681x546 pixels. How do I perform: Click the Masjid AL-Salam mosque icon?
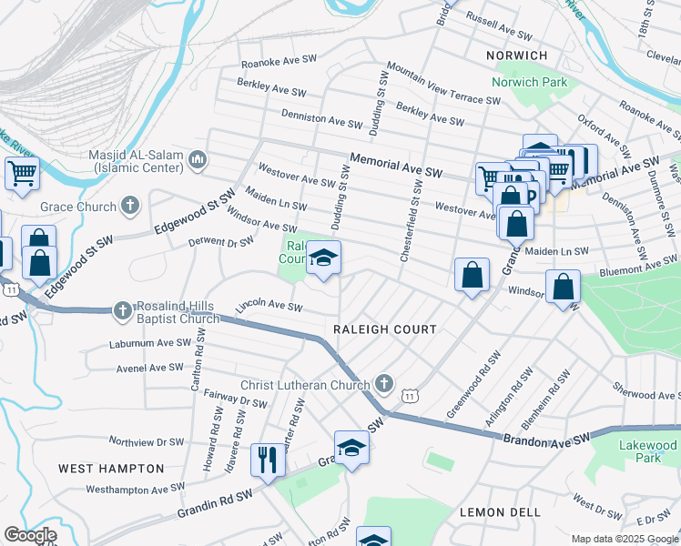[x=198, y=161]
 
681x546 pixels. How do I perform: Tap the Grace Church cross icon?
[x=130, y=206]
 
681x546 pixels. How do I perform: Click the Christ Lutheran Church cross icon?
[x=385, y=384]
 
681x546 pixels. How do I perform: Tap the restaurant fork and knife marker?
[x=268, y=459]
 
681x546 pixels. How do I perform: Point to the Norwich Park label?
[x=529, y=82]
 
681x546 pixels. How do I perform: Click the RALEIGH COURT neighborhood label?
[x=384, y=329]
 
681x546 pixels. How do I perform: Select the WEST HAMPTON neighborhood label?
[x=111, y=469]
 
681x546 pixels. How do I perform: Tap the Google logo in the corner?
[x=30, y=535]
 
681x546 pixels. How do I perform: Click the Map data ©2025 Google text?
[x=623, y=538]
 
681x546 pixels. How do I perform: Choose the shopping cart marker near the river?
[x=22, y=173]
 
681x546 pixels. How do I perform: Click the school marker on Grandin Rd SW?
[x=351, y=448]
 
